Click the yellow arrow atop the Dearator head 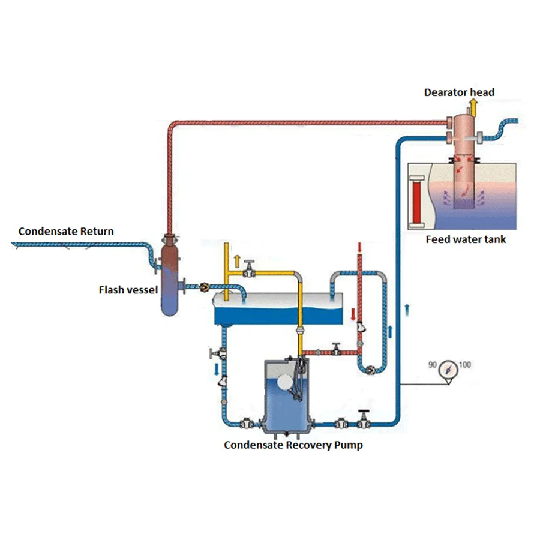473,108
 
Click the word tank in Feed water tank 494,239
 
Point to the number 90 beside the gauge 432,365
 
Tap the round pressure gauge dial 448,370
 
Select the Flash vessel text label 128,290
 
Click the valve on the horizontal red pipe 337,349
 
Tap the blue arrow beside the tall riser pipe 408,308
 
